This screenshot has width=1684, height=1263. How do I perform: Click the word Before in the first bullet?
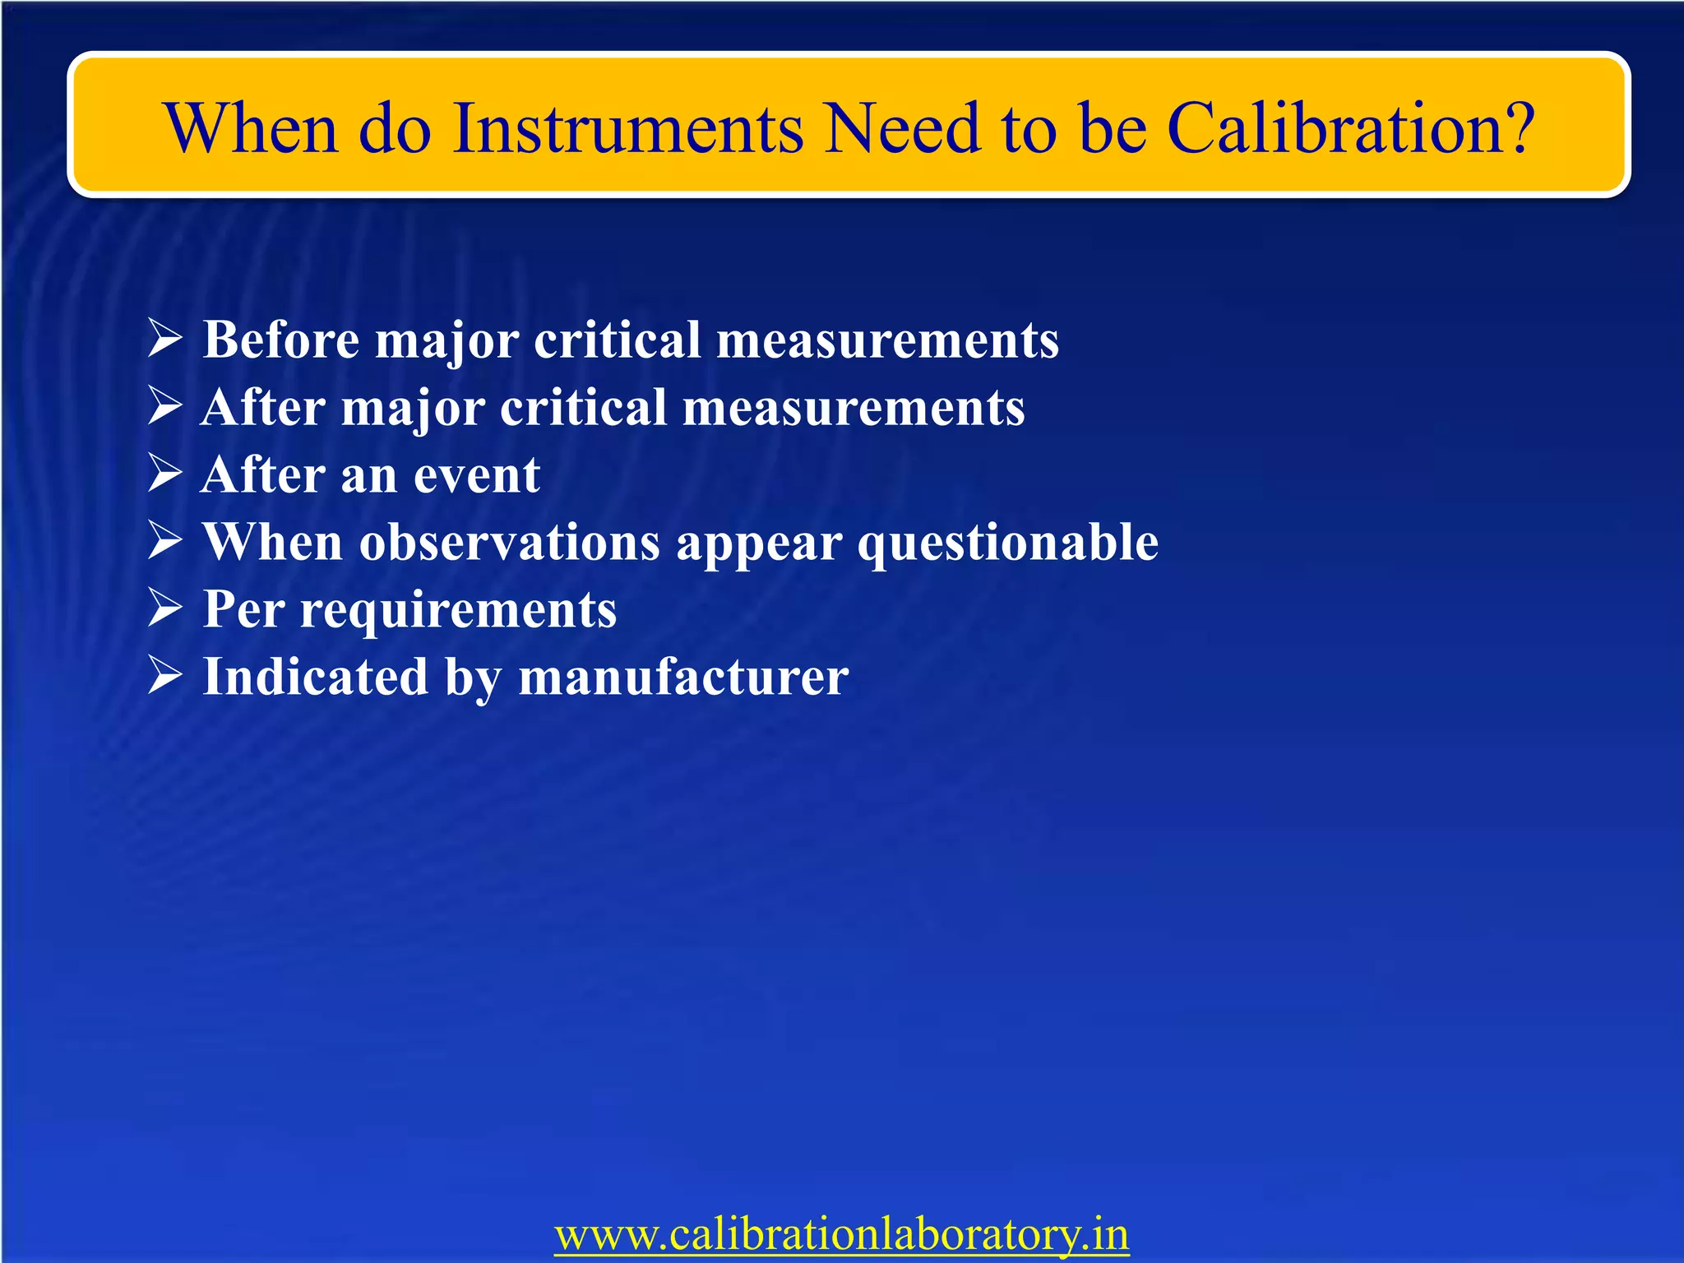(x=280, y=339)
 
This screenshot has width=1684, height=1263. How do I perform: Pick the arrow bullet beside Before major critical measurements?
(x=164, y=339)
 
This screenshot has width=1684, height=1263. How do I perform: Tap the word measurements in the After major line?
(x=853, y=407)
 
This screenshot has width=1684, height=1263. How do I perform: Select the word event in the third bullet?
(x=476, y=474)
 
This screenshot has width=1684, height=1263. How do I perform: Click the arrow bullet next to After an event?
(x=164, y=474)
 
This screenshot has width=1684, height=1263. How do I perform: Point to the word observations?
(x=509, y=542)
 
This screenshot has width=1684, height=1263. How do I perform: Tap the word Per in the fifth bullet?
(x=243, y=609)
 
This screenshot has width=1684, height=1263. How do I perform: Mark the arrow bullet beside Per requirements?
(x=164, y=609)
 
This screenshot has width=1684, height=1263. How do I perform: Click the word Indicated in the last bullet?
(x=315, y=676)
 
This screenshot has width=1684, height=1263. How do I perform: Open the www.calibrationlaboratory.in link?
(x=841, y=1234)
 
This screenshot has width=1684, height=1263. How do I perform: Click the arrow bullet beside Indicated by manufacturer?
(x=164, y=676)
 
